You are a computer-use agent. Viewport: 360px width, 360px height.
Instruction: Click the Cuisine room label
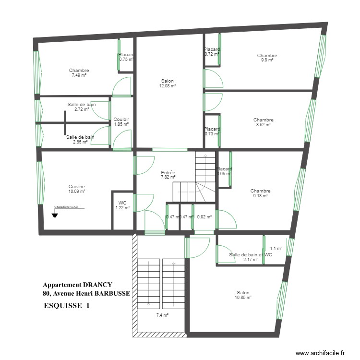[x=76, y=186]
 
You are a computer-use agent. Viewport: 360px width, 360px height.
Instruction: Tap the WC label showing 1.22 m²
[x=122, y=203]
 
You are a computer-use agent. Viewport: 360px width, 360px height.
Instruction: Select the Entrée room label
[x=168, y=172]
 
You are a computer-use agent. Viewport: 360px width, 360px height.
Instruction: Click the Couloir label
[x=121, y=120]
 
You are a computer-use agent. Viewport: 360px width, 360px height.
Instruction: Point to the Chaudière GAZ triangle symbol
[x=55, y=215]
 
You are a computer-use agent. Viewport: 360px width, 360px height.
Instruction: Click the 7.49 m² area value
[x=79, y=75]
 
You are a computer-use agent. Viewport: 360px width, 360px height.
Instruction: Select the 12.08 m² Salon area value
[x=168, y=86]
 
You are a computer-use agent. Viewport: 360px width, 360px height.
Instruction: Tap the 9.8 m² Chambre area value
[x=267, y=60]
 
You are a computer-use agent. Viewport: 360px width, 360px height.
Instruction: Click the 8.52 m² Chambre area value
[x=264, y=125]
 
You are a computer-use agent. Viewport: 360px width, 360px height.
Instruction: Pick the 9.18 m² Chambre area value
[x=260, y=195]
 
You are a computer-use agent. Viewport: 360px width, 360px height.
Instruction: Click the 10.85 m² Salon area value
[x=243, y=298]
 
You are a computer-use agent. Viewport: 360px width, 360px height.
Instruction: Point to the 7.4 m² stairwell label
[x=162, y=315]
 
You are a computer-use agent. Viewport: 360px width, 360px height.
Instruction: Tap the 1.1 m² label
[x=276, y=249]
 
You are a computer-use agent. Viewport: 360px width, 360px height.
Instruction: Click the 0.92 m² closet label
[x=204, y=217]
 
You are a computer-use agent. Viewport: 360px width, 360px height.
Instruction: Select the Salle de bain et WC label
[x=250, y=255]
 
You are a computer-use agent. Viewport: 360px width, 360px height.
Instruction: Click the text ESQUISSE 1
[x=66, y=305]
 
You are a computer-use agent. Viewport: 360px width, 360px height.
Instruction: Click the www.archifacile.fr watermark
[x=320, y=353]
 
